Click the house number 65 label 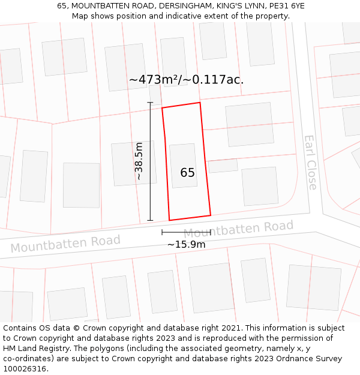187,173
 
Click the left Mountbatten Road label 65,243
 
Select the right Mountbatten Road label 238,229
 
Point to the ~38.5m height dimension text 139,161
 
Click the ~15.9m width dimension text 186,244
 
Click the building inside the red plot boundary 183,166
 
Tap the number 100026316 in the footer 24,369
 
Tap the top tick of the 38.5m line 150,103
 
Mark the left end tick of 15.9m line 162,232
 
